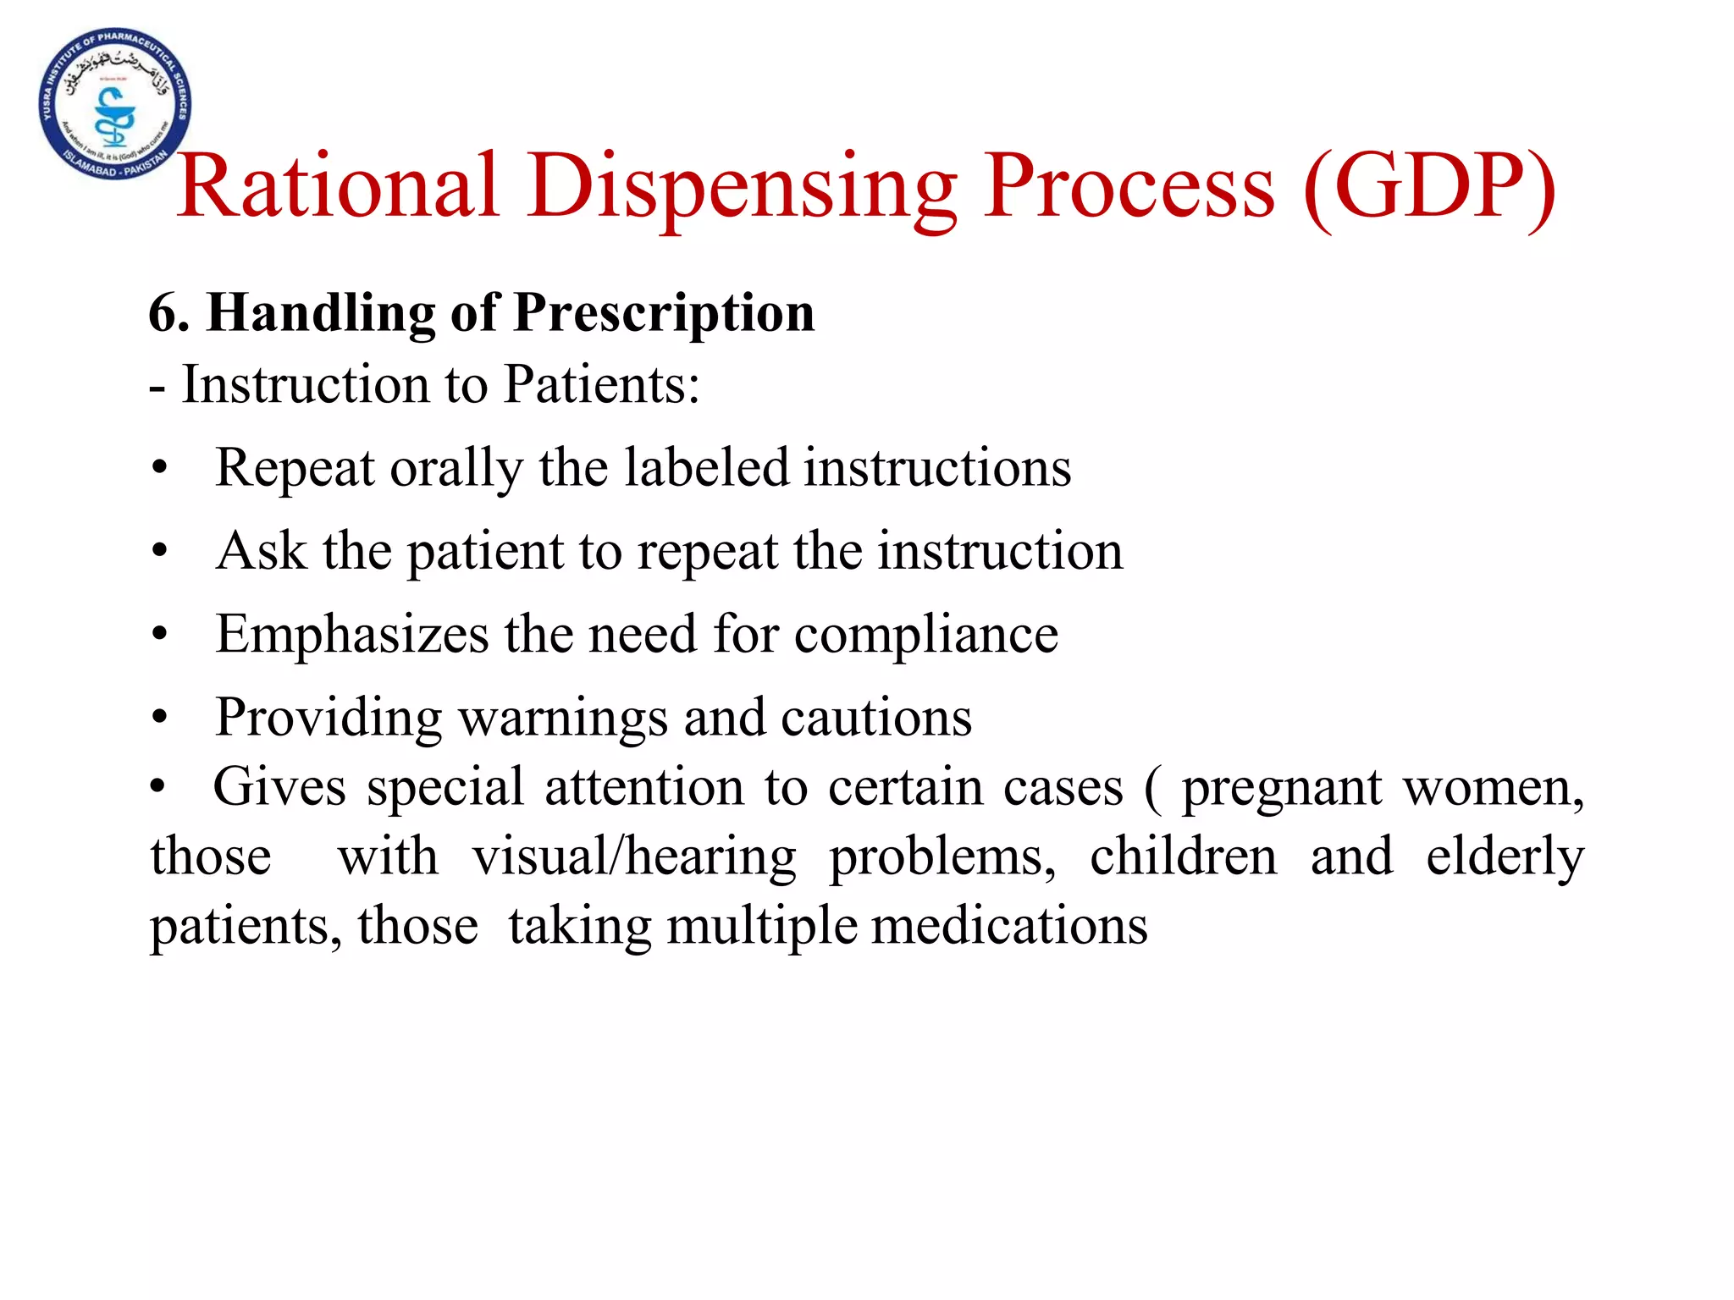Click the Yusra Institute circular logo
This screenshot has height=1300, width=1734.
pyautogui.click(x=115, y=104)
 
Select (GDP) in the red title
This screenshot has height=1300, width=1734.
pyautogui.click(x=1429, y=188)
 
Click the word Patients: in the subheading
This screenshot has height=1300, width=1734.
pyautogui.click(x=601, y=385)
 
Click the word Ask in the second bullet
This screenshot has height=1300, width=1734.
pyautogui.click(x=261, y=551)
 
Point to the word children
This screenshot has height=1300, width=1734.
pyautogui.click(x=1183, y=857)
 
